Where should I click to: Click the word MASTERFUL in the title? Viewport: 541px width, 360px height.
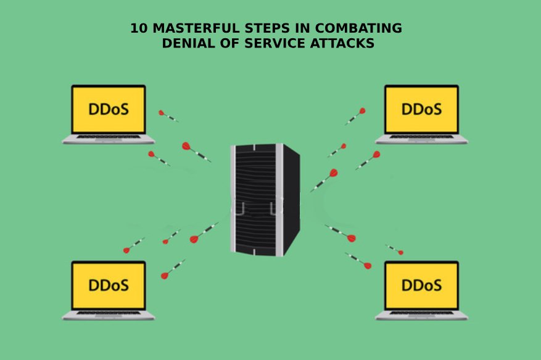(x=196, y=28)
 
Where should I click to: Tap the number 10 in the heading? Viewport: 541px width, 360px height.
(x=139, y=28)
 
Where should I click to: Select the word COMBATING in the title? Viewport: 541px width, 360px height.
(x=358, y=28)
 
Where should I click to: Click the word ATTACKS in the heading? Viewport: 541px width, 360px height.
(x=342, y=43)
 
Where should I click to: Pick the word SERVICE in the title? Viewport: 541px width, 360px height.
(x=275, y=43)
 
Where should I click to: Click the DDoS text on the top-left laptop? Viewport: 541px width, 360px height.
(x=109, y=109)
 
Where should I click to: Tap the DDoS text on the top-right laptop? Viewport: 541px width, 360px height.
(x=421, y=109)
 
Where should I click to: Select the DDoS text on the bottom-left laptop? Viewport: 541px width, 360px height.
(x=109, y=285)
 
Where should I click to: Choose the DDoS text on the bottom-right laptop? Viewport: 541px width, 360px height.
(x=421, y=285)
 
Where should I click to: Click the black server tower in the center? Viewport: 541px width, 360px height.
(x=265, y=200)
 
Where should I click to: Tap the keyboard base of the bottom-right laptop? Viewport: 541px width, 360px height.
(x=421, y=316)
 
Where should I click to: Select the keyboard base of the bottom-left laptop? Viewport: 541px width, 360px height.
(x=109, y=316)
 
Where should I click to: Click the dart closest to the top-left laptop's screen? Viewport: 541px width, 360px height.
(x=168, y=117)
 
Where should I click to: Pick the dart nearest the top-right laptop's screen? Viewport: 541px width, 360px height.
(x=355, y=117)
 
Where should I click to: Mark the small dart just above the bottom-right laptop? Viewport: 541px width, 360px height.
(x=394, y=249)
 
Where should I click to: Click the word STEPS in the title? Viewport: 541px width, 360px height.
(x=267, y=28)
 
